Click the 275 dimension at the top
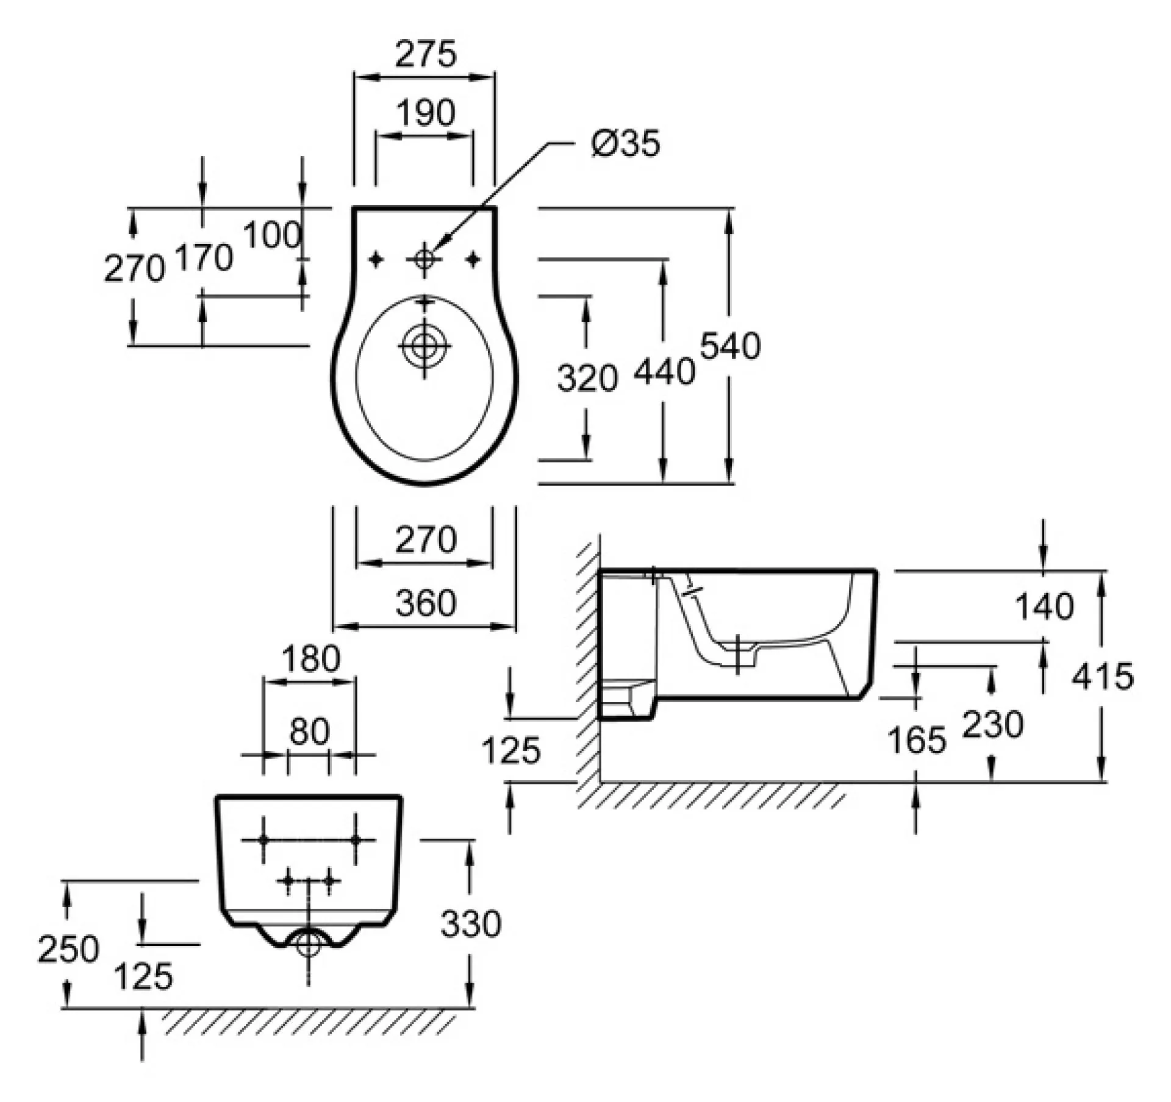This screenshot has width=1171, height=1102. point(425,54)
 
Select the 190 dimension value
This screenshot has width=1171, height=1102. point(425,113)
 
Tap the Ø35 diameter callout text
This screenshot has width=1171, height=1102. point(626,144)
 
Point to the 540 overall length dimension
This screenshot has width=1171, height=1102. point(730,346)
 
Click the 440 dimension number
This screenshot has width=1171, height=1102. point(664,371)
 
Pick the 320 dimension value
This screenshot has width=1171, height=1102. point(587,378)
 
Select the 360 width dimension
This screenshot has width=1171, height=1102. point(426,603)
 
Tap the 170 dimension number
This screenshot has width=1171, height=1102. point(204,257)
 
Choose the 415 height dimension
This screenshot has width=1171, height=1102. point(1103,676)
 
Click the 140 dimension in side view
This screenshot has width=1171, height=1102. point(1044,606)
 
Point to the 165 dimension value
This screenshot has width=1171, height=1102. point(917,740)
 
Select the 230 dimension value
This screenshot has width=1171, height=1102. point(993,725)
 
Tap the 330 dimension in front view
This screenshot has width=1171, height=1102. point(471,923)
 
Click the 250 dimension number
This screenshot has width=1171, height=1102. point(68,949)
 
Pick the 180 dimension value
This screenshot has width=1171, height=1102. point(310,659)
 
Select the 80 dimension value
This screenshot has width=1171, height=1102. point(309,731)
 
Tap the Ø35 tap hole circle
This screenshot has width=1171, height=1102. point(424,260)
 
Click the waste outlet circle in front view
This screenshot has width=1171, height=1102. point(309,945)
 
